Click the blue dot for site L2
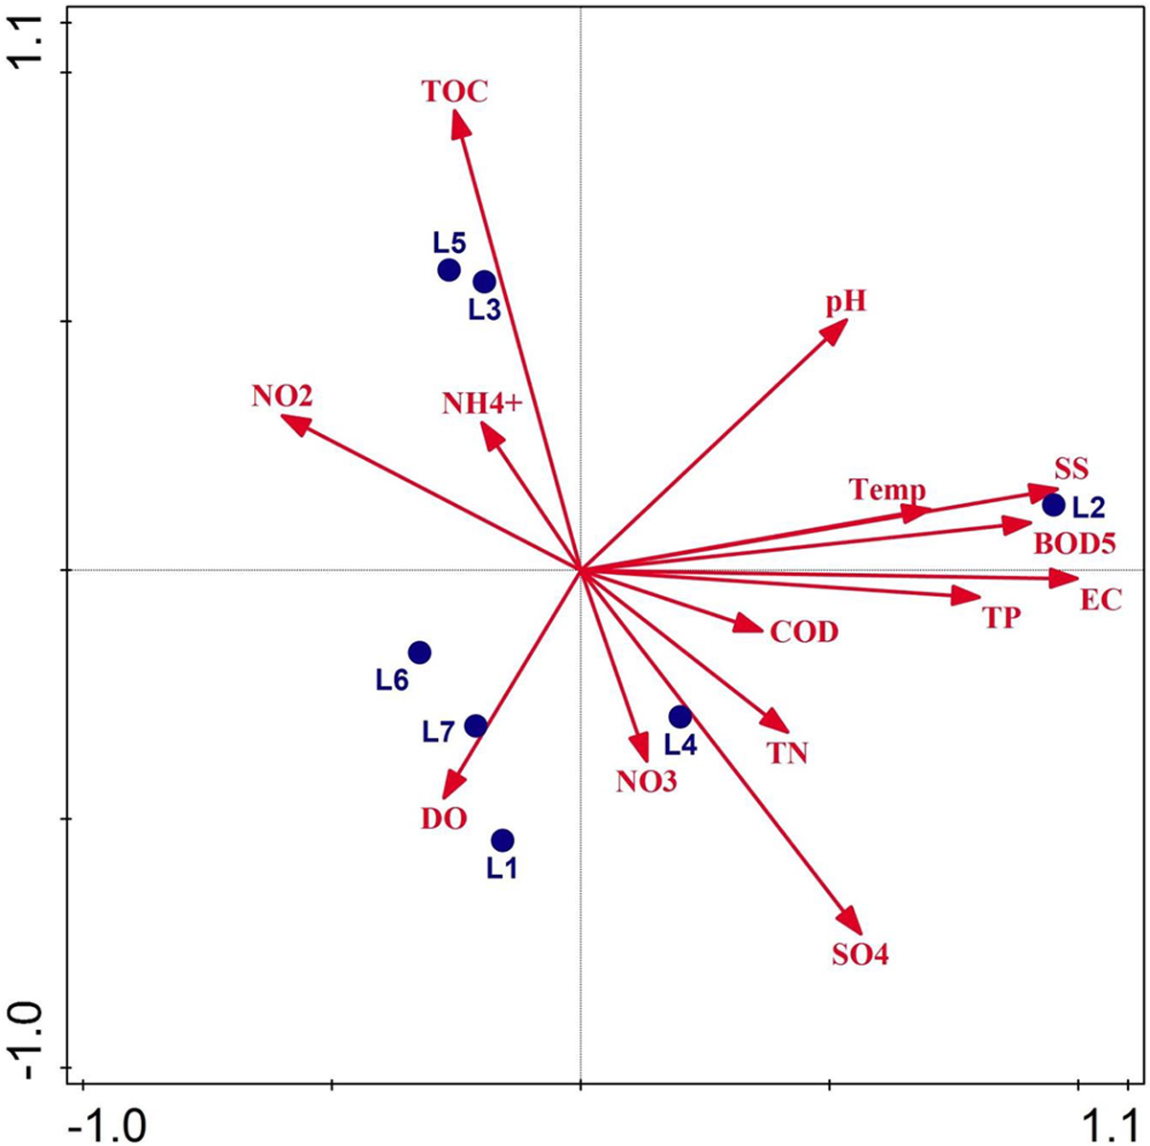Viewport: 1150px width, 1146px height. pos(1053,504)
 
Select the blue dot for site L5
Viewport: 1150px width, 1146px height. pos(449,270)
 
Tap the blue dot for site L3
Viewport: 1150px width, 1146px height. pos(484,282)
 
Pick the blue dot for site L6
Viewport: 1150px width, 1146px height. pos(419,653)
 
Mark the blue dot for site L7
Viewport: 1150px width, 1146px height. pos(475,725)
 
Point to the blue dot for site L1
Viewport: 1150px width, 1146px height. pos(502,840)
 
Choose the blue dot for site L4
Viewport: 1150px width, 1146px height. pos(679,716)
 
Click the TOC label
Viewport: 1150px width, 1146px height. pos(454,92)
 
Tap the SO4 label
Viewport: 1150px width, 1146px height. pos(861,955)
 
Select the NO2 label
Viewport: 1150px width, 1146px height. pos(283,396)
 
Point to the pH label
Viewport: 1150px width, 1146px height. pos(846,304)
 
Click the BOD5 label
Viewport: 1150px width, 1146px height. pos(1074,544)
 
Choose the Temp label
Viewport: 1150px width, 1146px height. pos(887,491)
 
